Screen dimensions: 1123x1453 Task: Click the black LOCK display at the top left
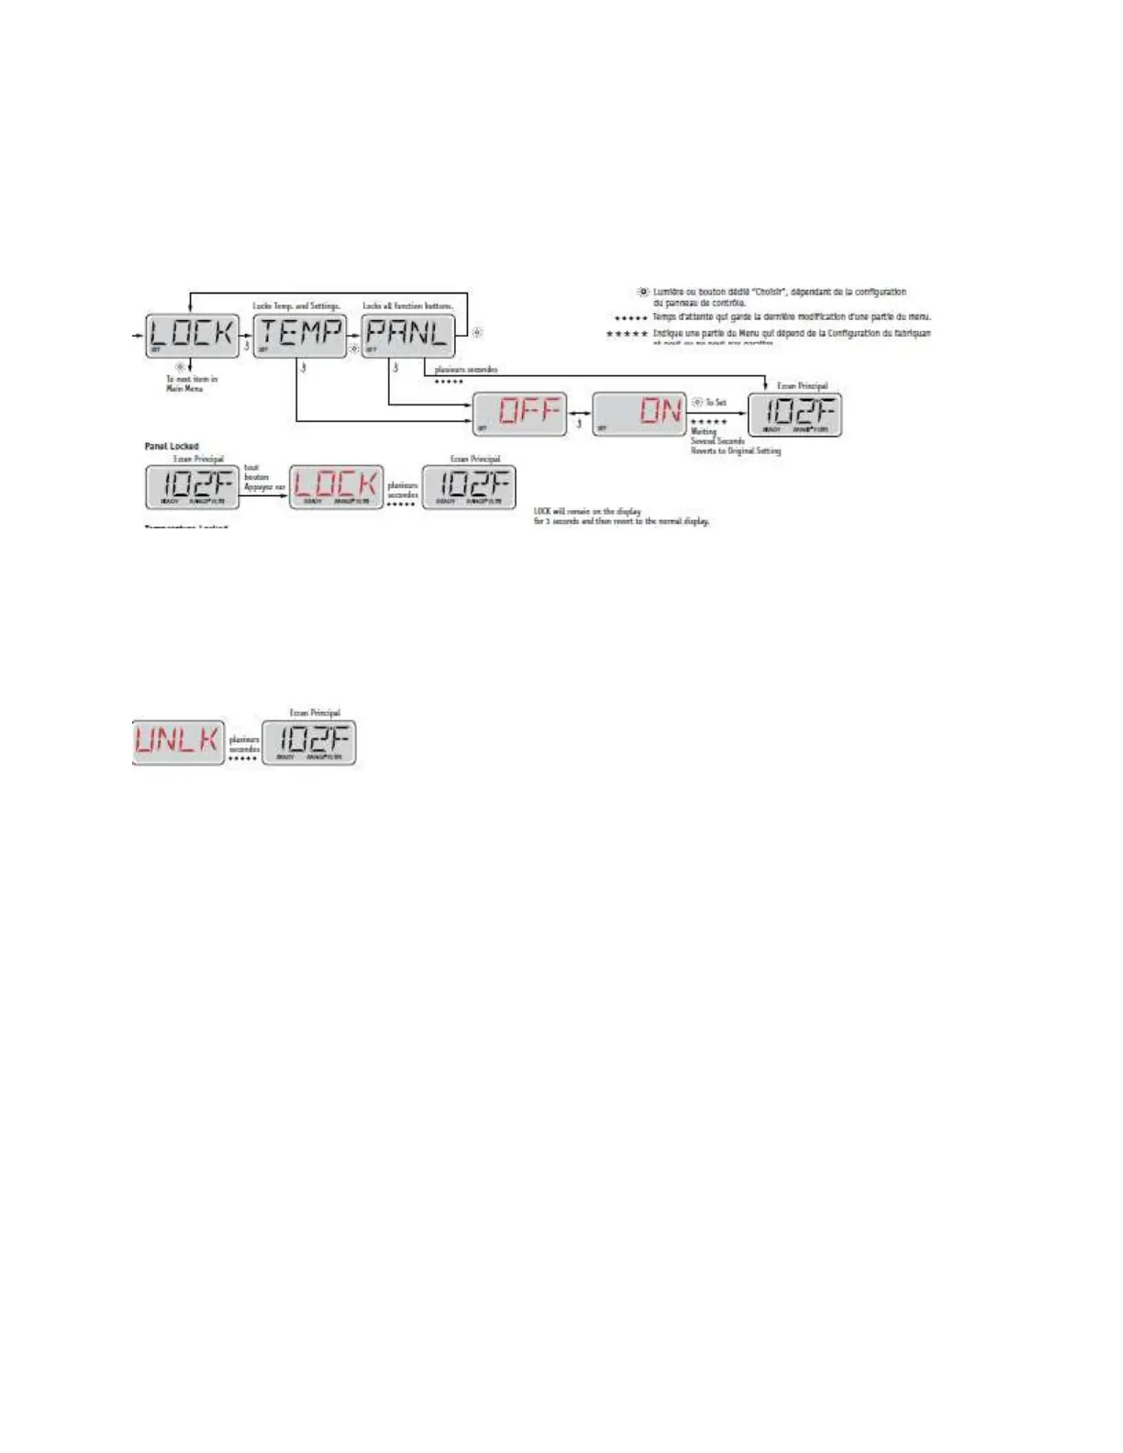point(192,336)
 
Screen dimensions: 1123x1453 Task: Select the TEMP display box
point(300,336)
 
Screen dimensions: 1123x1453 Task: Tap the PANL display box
point(408,336)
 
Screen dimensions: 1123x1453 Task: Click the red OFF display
point(520,414)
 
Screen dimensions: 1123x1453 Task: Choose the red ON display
point(639,414)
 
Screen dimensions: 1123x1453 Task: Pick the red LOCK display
point(337,486)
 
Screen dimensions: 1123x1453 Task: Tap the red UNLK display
point(179,742)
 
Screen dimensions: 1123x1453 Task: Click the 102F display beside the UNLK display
point(309,742)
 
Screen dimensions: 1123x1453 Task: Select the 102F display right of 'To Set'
point(795,414)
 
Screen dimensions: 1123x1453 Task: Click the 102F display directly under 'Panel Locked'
point(192,486)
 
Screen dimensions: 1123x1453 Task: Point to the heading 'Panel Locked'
point(172,447)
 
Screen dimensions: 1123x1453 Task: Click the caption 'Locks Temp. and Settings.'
point(296,305)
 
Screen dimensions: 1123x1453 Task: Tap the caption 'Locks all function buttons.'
point(407,305)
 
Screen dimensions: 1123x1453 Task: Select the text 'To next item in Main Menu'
point(191,383)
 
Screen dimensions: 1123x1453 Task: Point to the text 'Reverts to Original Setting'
point(736,451)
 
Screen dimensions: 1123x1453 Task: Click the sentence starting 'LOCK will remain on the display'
point(621,516)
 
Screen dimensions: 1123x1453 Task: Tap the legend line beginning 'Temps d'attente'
point(791,316)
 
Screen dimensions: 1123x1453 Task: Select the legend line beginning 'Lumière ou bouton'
point(779,296)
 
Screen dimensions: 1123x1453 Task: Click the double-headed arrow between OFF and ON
point(580,414)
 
